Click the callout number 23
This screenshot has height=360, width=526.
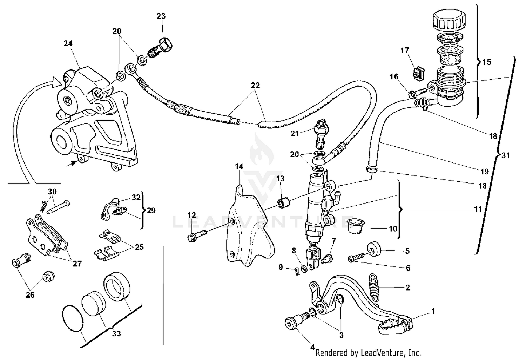click(x=161, y=16)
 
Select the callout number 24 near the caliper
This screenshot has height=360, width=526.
click(x=68, y=44)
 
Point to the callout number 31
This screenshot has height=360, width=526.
click(x=505, y=155)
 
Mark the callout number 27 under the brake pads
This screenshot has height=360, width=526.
click(x=77, y=263)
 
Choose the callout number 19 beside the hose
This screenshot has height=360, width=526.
click(x=484, y=172)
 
